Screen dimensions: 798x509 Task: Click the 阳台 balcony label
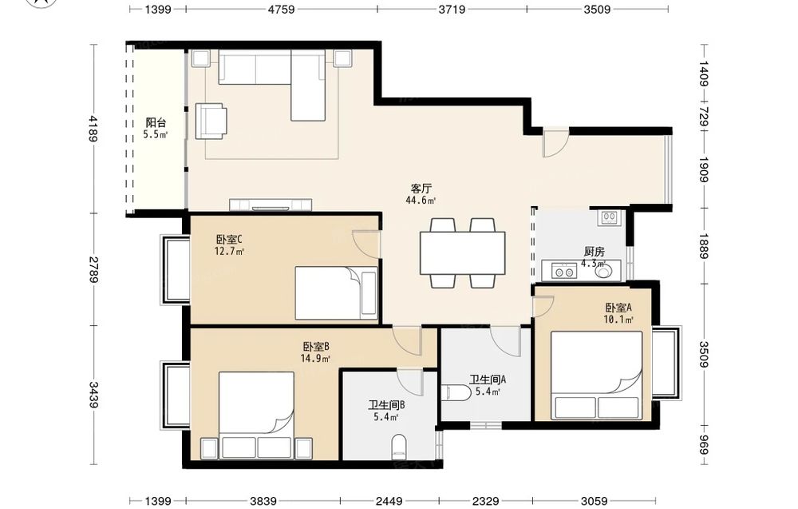pos(156,123)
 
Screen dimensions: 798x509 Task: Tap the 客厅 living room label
pos(421,188)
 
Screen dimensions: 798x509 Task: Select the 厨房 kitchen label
pos(594,252)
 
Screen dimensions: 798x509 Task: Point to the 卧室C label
pos(230,239)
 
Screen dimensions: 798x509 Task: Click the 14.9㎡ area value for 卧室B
pos(315,358)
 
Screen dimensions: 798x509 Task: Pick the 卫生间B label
pos(386,406)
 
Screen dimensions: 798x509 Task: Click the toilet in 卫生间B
pos(400,447)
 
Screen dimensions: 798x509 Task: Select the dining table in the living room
pos(462,253)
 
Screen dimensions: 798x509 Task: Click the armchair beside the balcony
pos(211,121)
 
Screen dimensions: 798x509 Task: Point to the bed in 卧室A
pos(596,376)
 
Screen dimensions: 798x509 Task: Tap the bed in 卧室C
pos(337,293)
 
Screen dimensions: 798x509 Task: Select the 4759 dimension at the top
pos(281,9)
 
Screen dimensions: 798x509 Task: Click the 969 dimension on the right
pos(703,445)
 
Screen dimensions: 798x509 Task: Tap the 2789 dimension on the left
pos(93,269)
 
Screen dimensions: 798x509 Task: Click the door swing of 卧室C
pos(365,244)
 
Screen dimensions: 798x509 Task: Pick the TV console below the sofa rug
pos(271,205)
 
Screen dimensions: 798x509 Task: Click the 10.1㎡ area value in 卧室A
pos(618,320)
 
